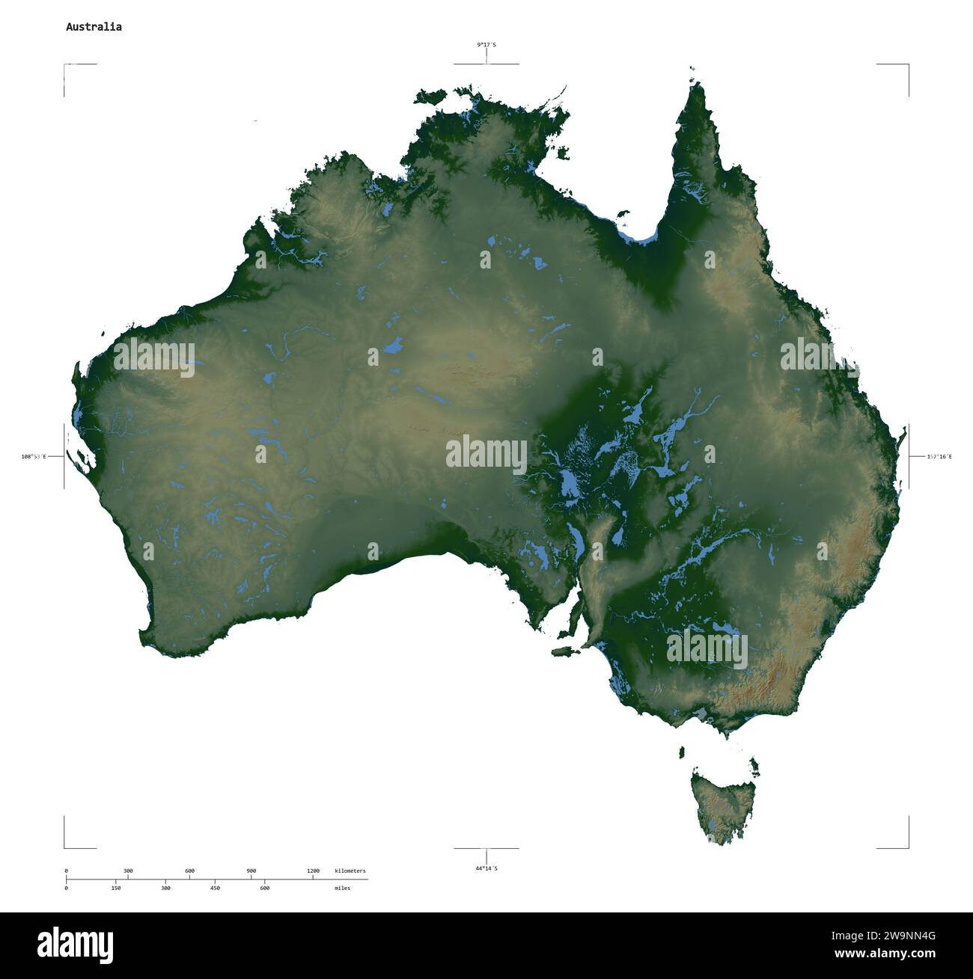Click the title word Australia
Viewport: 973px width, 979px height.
tap(94, 27)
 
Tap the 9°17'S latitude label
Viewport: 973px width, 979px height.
tap(487, 45)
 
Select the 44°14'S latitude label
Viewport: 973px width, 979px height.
tap(487, 868)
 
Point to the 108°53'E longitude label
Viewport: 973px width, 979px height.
tap(34, 456)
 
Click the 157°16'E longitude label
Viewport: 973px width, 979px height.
tap(939, 456)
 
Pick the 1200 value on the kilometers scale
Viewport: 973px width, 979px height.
tap(313, 871)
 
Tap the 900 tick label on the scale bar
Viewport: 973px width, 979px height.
tap(251, 871)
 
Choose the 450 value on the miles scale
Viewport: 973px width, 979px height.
tap(215, 888)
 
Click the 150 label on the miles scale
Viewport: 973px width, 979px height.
tap(116, 888)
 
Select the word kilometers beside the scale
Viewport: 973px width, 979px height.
tap(350, 871)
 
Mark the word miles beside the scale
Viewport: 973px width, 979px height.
tap(342, 888)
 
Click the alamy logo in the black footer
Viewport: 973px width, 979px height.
tap(75, 944)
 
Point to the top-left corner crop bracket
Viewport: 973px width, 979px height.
tap(65, 66)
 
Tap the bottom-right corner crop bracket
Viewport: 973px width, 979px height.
tap(907, 847)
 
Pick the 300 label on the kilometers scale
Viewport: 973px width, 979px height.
tap(128, 871)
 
